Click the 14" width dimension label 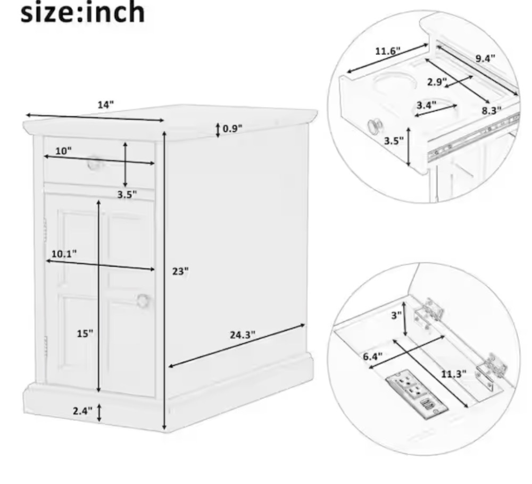point(106,105)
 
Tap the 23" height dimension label point(180,271)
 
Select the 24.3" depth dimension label point(243,335)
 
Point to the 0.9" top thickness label point(232,129)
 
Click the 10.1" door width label point(64,254)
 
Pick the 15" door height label point(85,333)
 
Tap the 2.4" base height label point(82,411)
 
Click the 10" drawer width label point(63,151)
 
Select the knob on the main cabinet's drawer point(93,163)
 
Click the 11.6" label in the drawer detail point(388,51)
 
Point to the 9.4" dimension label point(485,59)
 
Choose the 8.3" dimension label point(492,111)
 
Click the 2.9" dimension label point(437,82)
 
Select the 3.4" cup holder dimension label point(427,105)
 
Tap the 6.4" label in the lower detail point(372,356)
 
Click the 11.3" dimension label point(454,374)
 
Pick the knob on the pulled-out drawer point(374,126)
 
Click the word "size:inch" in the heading point(83,13)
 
